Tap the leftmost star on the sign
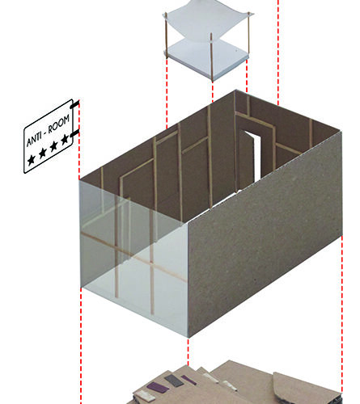pyautogui.click(x=32, y=161)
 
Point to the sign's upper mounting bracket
pyautogui.click(x=74, y=104)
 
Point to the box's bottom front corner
pyautogui.click(x=188, y=336)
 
